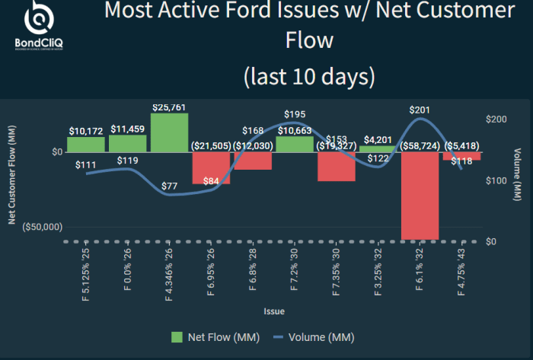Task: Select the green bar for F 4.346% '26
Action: (170, 132)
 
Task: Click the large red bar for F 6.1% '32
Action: (420, 196)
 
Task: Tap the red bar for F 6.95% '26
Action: (211, 168)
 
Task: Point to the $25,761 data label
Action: (169, 107)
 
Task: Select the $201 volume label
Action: (420, 110)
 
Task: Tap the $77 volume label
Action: (169, 186)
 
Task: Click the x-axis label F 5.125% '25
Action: (86, 273)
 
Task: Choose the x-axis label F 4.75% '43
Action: (461, 273)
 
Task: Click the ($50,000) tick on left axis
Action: (42, 227)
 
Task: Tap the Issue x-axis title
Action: (274, 311)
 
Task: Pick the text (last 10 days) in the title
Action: (308, 76)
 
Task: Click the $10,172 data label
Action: (85, 131)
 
